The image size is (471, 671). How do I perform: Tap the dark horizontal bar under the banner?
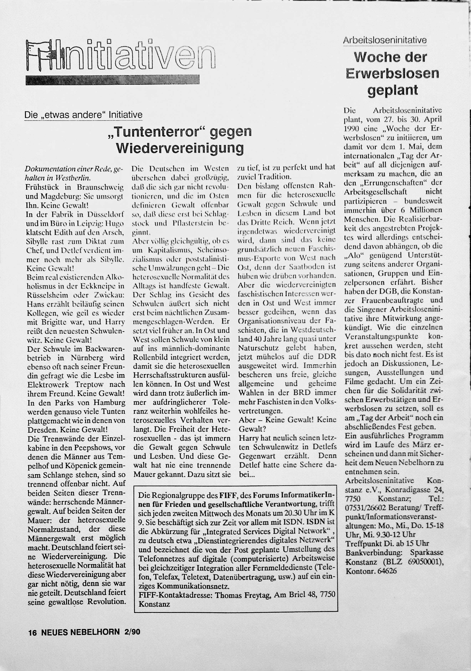click(x=112, y=79)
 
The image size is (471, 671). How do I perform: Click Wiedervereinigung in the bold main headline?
click(x=180, y=148)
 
